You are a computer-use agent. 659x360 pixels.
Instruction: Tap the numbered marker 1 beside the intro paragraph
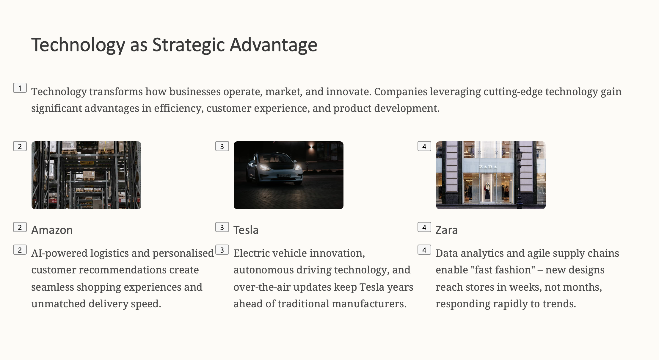[x=20, y=88]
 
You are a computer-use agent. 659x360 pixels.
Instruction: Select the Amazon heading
[x=52, y=230]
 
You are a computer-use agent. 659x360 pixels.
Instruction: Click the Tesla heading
[x=246, y=230]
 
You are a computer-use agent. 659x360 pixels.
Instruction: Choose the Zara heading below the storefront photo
[x=447, y=230]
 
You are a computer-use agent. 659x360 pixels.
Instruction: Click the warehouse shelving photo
[x=86, y=175]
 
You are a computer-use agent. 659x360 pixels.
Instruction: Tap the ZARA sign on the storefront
[x=488, y=167]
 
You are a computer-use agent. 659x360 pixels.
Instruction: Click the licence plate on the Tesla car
[x=284, y=176]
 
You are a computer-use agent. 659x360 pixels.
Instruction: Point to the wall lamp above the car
[x=311, y=146]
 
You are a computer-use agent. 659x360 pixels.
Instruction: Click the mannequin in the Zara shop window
[x=487, y=192]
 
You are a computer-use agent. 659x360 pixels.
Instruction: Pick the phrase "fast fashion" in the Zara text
[x=503, y=270]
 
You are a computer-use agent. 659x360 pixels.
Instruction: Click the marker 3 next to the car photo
[x=222, y=146]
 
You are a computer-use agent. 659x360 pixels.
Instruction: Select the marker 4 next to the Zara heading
[x=424, y=227]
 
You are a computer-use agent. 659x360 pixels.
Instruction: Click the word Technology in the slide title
[x=78, y=45]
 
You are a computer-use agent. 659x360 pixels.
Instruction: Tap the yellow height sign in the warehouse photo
[x=87, y=163]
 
